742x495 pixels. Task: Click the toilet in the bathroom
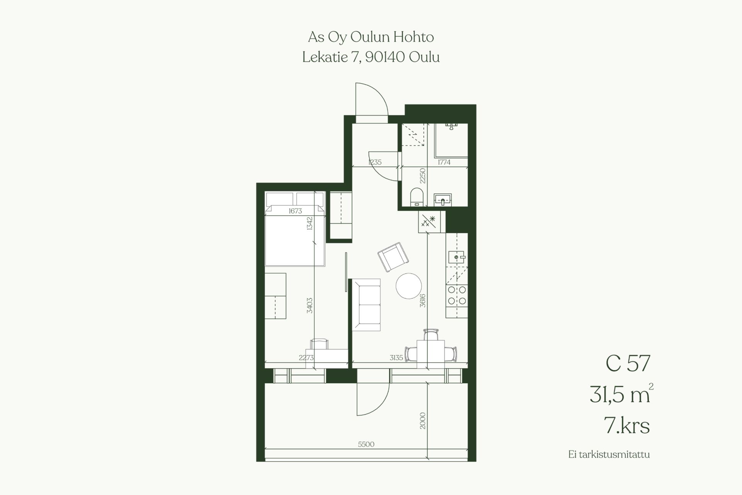click(416, 196)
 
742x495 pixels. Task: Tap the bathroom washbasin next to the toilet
click(442, 200)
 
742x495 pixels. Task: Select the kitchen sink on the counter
click(457, 257)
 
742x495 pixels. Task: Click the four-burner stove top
click(457, 295)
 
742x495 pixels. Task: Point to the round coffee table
click(408, 286)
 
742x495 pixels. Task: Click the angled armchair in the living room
click(393, 257)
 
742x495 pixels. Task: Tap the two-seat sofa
click(366, 305)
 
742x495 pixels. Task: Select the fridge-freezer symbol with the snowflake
click(429, 222)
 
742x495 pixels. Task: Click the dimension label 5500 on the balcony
click(366, 444)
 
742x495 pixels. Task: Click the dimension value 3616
click(423, 300)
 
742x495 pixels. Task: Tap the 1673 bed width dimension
click(295, 211)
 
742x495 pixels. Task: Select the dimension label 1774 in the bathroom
click(444, 162)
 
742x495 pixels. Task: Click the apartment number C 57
click(628, 364)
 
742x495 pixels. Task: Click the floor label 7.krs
click(626, 425)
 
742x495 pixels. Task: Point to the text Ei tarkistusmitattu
click(609, 454)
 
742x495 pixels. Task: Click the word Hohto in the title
click(414, 37)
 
